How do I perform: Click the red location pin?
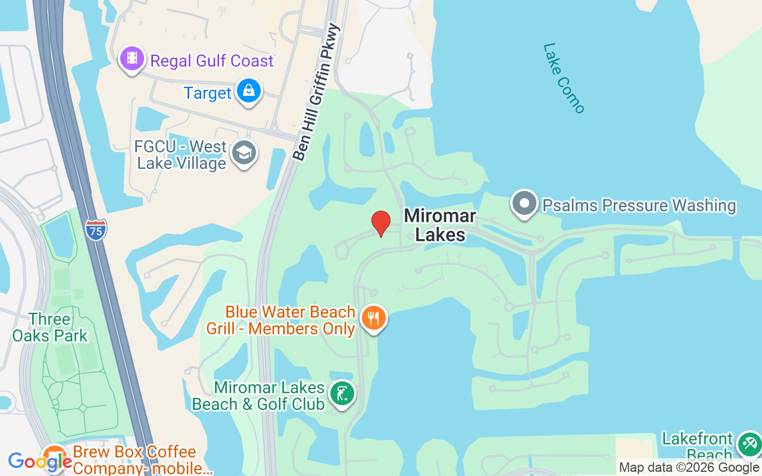click(380, 223)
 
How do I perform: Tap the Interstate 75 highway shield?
click(96, 230)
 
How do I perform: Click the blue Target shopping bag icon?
click(248, 92)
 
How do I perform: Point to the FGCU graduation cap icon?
click(243, 153)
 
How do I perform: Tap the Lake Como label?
click(564, 77)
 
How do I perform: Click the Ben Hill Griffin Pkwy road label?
click(317, 92)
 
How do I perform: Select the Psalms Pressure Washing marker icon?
click(524, 203)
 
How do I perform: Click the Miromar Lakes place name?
click(440, 225)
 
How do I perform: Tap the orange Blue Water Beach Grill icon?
click(373, 318)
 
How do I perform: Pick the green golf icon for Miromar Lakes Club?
click(342, 394)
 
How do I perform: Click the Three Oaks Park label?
click(50, 328)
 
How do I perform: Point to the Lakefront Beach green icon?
click(748, 444)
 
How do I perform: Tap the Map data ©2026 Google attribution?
click(689, 468)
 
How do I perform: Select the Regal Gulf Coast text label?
click(212, 61)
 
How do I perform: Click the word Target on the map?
click(207, 93)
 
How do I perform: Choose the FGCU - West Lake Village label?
click(182, 155)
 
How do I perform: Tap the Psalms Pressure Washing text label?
click(639, 206)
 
